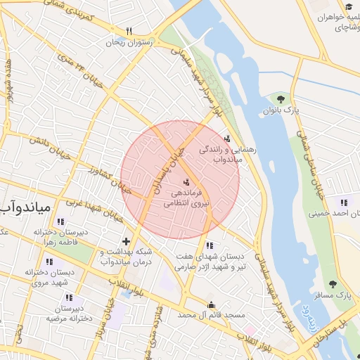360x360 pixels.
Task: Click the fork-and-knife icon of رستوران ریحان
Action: [129, 31]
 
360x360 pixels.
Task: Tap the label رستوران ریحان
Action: [129, 42]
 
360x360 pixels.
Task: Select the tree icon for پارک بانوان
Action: [281, 99]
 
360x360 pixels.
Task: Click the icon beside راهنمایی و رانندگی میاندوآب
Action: [226, 139]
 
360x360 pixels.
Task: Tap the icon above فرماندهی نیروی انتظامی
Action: [186, 181]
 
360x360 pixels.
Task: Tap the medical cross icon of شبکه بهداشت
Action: [126, 242]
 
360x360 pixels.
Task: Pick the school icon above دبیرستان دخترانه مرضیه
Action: [58, 297]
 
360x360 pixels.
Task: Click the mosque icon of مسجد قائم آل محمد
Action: [212, 304]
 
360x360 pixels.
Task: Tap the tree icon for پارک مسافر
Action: [333, 284]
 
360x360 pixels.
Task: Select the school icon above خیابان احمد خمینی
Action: [344, 202]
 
